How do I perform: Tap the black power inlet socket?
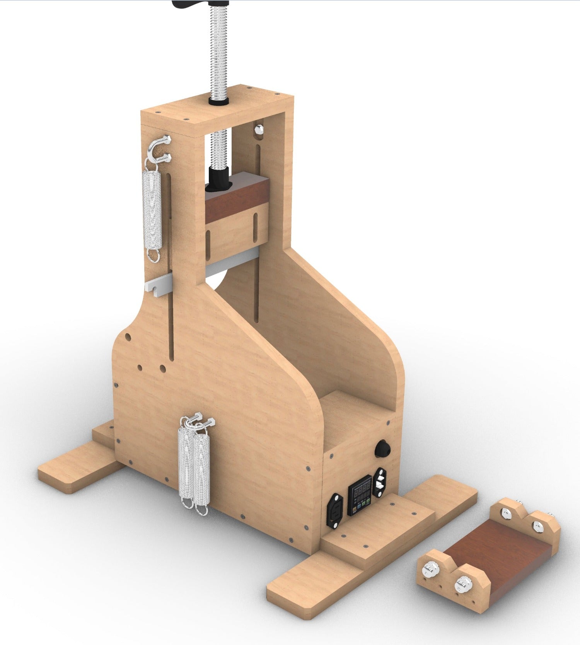point(335,510)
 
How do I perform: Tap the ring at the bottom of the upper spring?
point(153,255)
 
